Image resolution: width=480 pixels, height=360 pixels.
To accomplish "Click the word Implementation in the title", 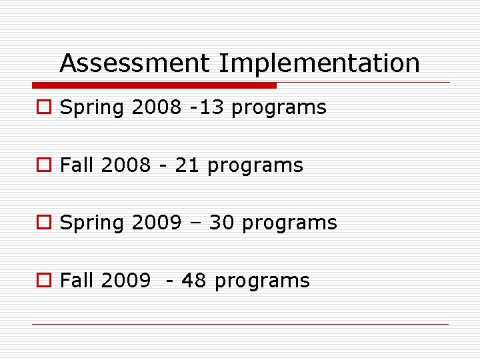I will [319, 64].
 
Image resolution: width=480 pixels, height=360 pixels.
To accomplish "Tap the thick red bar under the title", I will [154, 85].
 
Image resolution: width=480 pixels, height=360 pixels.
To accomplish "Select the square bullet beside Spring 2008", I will [43, 108].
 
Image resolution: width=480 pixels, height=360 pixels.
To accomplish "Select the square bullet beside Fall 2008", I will [43, 166].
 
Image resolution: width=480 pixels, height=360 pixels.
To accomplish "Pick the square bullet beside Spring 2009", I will [43, 223].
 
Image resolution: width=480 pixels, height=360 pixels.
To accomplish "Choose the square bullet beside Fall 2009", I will [43, 281].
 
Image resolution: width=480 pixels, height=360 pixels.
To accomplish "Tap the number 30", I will [222, 223].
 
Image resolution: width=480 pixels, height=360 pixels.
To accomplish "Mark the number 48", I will [193, 281].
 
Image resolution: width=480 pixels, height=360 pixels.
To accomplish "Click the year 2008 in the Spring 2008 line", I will [157, 108].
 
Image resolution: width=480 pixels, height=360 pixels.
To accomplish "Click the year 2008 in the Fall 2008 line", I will [126, 165].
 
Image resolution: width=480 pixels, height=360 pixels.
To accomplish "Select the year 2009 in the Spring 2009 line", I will [157, 223].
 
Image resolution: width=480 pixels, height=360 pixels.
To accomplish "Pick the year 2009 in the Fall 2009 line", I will [126, 281].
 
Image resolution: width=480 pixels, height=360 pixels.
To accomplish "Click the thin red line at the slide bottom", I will [240, 325].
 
